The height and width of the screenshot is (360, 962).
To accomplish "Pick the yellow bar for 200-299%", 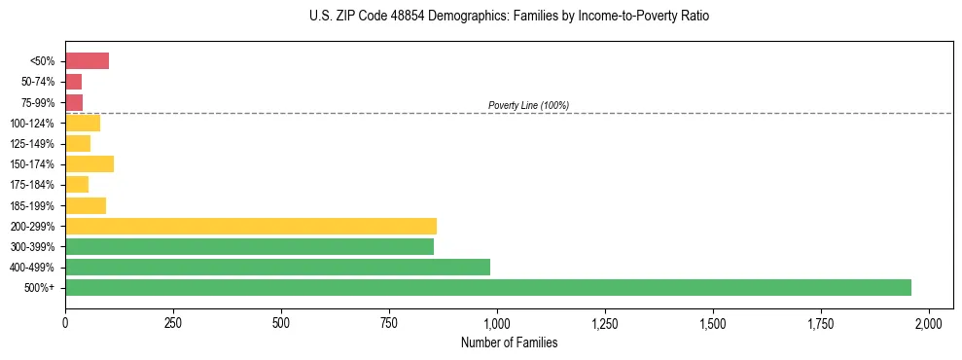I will (251, 226).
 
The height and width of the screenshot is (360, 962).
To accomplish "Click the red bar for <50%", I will (87, 61).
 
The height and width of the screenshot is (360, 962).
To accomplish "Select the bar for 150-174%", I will (89, 163).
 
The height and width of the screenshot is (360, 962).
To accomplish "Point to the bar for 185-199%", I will (86, 205).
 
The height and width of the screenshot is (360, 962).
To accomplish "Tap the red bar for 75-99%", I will (74, 102).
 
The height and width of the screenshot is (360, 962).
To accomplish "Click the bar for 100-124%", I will (83, 123).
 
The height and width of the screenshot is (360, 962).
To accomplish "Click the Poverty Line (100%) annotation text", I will (528, 105).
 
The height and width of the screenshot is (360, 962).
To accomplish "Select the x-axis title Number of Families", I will (509, 342).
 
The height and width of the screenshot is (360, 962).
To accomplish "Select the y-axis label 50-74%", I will (40, 82).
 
